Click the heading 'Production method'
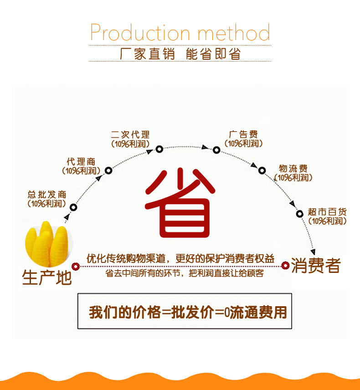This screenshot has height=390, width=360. (x=180, y=33)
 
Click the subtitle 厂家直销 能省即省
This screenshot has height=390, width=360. (x=180, y=54)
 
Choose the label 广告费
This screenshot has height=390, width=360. (x=244, y=135)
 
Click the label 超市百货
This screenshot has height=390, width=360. (x=327, y=212)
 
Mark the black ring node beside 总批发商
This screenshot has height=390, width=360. (x=73, y=207)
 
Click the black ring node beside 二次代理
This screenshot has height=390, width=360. (x=159, y=149)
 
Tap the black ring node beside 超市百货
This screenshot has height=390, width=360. (x=299, y=213)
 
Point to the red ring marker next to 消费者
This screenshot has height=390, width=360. (x=285, y=265)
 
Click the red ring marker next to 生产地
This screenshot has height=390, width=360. (x=76, y=266)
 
